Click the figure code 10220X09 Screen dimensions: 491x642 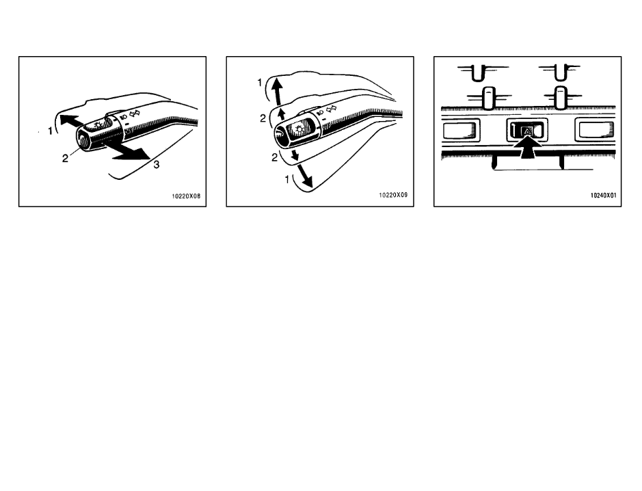pyautogui.click(x=394, y=195)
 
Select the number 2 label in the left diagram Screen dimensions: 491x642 pyautogui.click(x=66, y=158)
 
